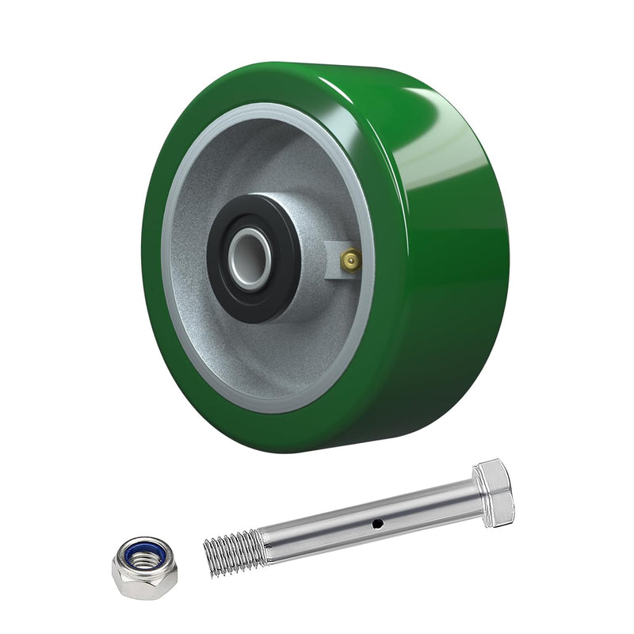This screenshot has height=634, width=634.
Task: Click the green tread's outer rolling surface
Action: point(444,238)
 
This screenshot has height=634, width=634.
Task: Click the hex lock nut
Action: point(143,567)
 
